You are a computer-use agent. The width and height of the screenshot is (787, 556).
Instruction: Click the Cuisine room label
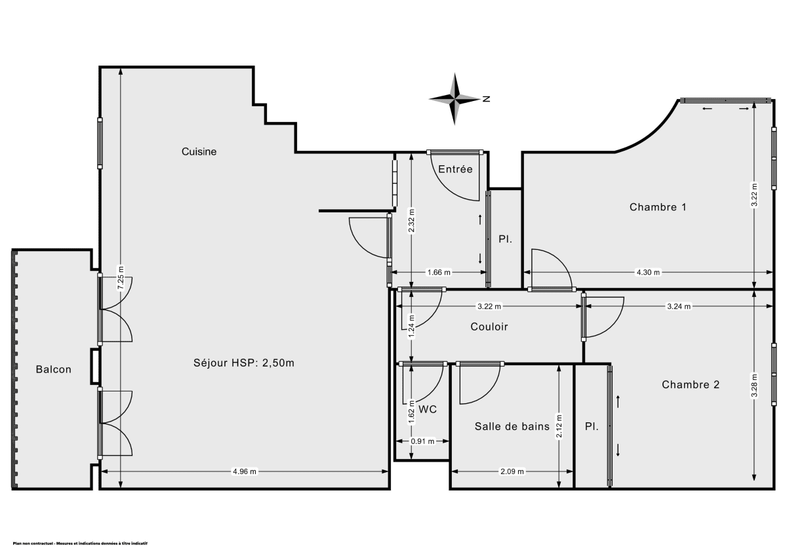tap(199, 151)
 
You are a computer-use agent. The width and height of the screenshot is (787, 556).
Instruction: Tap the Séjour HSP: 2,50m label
tap(244, 363)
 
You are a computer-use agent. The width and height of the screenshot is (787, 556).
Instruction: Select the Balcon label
tap(54, 369)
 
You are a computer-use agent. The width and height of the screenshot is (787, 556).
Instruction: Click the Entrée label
tap(455, 169)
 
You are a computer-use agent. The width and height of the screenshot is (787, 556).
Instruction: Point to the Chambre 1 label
tap(658, 207)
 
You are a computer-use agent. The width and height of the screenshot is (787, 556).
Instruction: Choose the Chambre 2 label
tap(691, 385)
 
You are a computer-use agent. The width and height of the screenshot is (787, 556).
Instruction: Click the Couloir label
tap(489, 327)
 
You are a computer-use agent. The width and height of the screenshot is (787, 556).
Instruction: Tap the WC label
tap(428, 409)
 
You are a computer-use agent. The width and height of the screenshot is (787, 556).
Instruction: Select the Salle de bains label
tap(512, 426)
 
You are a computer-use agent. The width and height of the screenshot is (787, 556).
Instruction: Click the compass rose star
tap(454, 99)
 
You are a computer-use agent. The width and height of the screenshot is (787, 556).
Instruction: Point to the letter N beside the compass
tap(487, 100)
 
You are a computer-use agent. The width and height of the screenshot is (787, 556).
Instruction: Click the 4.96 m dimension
tap(245, 471)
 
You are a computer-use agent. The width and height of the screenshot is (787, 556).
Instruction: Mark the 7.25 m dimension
tap(120, 278)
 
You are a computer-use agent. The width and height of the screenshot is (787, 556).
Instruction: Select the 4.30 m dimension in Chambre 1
tap(648, 272)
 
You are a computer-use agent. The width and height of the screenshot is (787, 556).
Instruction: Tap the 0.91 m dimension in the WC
tap(422, 441)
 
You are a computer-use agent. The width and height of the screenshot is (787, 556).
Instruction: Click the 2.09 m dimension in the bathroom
tap(512, 471)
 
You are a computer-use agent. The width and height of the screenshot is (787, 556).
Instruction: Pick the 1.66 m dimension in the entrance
tap(439, 272)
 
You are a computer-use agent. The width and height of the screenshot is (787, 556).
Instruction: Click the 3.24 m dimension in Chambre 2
tap(678, 306)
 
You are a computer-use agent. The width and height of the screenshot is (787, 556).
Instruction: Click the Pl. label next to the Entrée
tap(505, 239)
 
